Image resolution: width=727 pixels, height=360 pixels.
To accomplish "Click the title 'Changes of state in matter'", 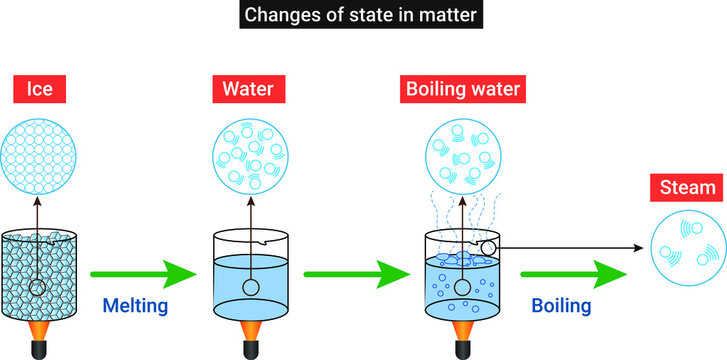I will click(362, 17).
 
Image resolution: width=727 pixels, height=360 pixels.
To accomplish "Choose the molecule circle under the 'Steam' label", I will click(689, 250).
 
